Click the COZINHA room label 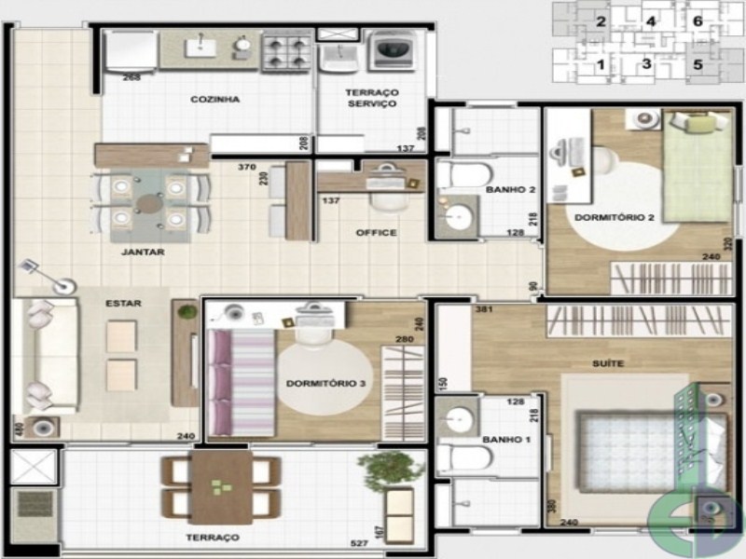pyautogui.click(x=215, y=100)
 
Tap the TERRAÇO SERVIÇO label pyautogui.click(x=371, y=99)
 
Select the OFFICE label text pyautogui.click(x=377, y=233)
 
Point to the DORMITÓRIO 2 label pyautogui.click(x=614, y=217)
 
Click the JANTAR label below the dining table pyautogui.click(x=143, y=252)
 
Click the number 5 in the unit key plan pyautogui.click(x=698, y=65)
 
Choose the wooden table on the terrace pyautogui.click(x=223, y=487)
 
